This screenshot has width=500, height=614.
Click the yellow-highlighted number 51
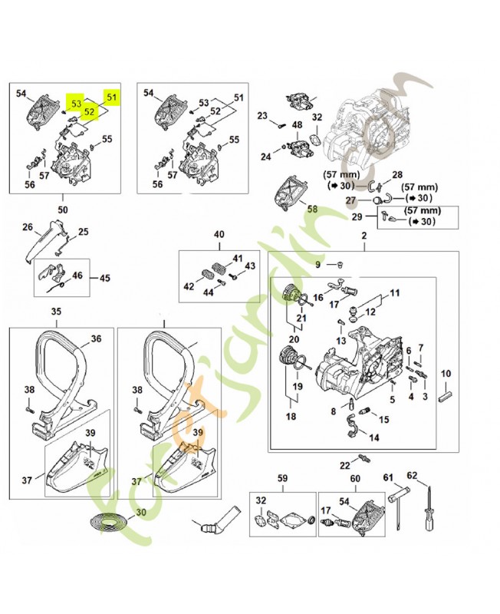click(112, 97)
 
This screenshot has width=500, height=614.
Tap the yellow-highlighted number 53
click(75, 103)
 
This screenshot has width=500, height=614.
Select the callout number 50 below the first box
click(62, 209)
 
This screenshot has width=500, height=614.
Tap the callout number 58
click(311, 208)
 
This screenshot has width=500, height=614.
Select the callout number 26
click(27, 227)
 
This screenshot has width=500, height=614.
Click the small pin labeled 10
click(448, 398)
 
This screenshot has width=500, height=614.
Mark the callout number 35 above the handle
click(56, 312)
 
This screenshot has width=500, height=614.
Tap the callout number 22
click(344, 466)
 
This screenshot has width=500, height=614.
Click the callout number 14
click(374, 437)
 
